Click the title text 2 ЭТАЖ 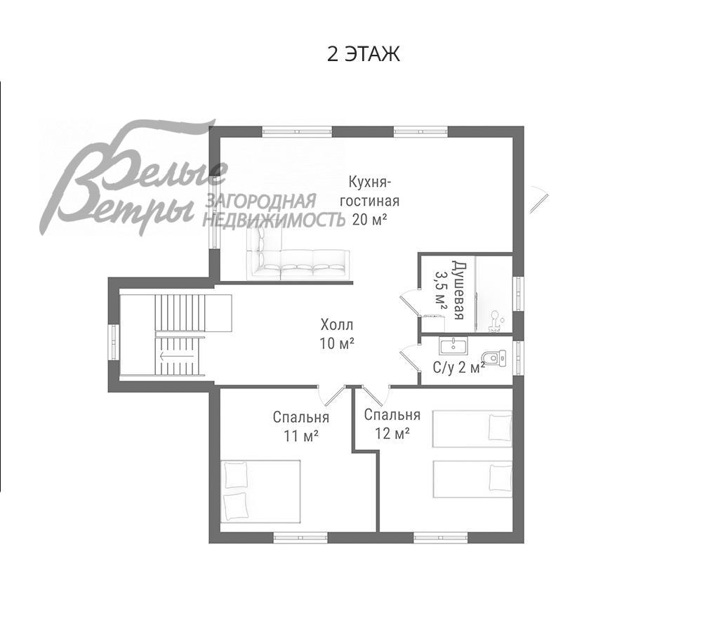pyautogui.click(x=363, y=54)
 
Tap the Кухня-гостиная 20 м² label pyautogui.click(x=370, y=201)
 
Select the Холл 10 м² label pyautogui.click(x=337, y=334)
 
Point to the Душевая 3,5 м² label pyautogui.click(x=450, y=290)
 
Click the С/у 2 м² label pyautogui.click(x=458, y=367)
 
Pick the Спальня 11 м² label pyautogui.click(x=301, y=426)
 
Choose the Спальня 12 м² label pyautogui.click(x=392, y=423)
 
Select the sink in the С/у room pyautogui.click(x=453, y=345)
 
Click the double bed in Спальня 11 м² pyautogui.click(x=260, y=491)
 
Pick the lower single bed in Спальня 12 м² pyautogui.click(x=472, y=478)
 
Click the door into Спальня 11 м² pyautogui.click(x=330, y=395)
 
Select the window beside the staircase pyautogui.click(x=113, y=342)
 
